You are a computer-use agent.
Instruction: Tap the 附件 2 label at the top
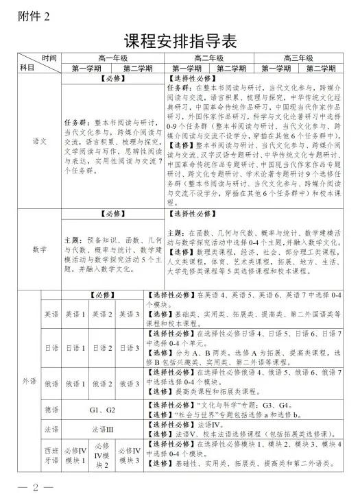[32, 15]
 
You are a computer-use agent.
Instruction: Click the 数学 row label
[40, 249]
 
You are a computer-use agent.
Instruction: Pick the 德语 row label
[49, 410]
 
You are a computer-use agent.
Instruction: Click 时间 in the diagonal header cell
[48, 58]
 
